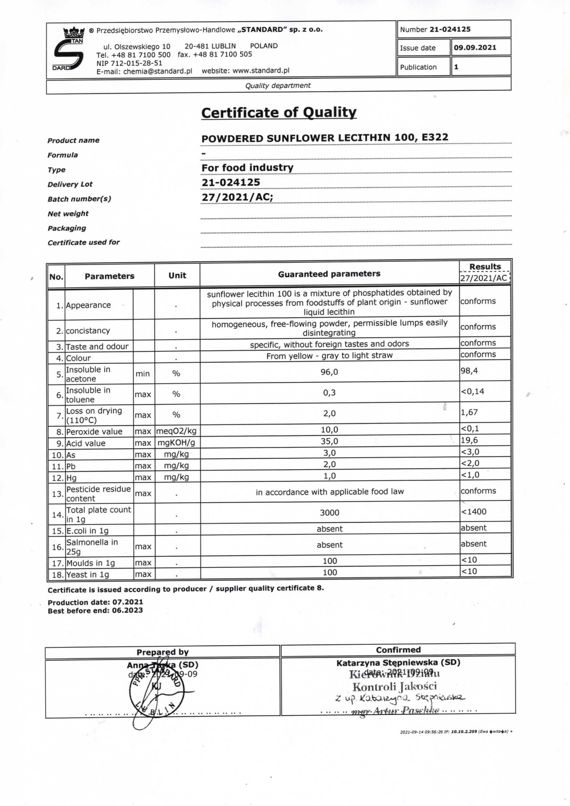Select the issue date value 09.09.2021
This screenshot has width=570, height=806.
[x=475, y=48]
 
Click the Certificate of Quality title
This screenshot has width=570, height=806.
[x=279, y=113]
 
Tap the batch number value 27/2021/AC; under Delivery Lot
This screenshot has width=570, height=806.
[x=237, y=197]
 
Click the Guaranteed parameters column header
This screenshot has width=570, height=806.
[x=329, y=274]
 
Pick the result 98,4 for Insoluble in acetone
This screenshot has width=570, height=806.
[x=469, y=371]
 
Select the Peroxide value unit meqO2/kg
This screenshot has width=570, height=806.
[x=176, y=431]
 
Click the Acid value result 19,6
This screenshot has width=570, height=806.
[x=469, y=440]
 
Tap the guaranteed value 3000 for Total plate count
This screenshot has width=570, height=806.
[x=329, y=513]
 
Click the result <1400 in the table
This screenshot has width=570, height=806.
[x=474, y=512]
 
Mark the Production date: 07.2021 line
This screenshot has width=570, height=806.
[x=95, y=602]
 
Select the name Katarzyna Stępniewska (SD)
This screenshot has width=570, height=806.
[x=398, y=663]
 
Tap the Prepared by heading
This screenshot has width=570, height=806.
[x=163, y=652]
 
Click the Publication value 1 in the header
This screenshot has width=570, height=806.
[x=456, y=67]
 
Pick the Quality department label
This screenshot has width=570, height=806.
[x=278, y=86]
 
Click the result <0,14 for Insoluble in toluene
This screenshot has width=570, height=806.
[x=472, y=391]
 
